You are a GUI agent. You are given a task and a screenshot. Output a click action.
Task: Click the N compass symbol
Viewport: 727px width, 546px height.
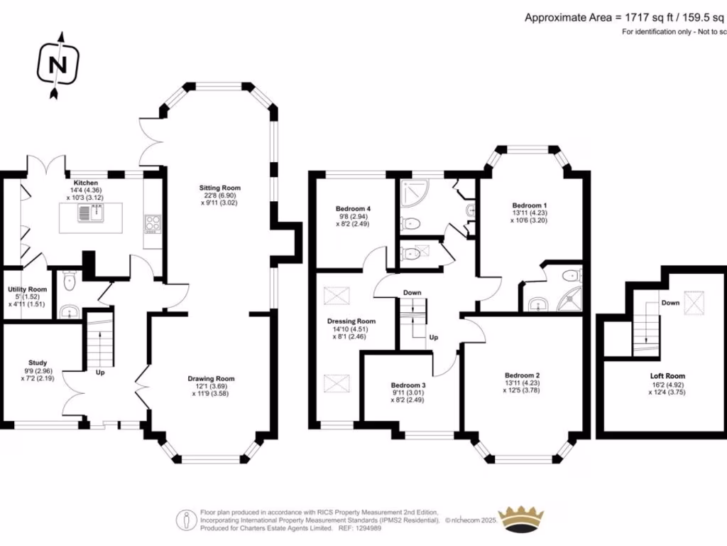coord(58,65)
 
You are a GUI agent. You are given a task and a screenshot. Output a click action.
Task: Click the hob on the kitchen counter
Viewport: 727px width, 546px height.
coord(153,224)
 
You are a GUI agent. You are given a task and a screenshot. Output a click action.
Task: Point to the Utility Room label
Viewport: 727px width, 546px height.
coord(28,289)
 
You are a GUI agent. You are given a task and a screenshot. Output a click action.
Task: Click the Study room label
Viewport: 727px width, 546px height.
coord(38,363)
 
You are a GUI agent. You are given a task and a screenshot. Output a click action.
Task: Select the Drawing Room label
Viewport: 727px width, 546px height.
coord(211,379)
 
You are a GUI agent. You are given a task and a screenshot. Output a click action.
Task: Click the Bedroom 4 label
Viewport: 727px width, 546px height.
coord(354,208)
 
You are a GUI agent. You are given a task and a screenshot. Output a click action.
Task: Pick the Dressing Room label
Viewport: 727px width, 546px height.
coord(351,321)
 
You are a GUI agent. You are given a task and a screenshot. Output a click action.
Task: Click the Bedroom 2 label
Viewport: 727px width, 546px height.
coord(523,375)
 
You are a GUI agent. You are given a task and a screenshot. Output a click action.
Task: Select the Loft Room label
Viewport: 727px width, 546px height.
coord(667,376)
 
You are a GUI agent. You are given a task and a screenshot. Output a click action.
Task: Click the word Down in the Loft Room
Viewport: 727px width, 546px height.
coord(670,303)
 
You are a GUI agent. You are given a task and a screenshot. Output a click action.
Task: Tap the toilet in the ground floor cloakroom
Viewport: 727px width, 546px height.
coord(69,284)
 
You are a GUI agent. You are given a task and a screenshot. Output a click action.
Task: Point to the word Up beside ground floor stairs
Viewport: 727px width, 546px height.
coord(100,372)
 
